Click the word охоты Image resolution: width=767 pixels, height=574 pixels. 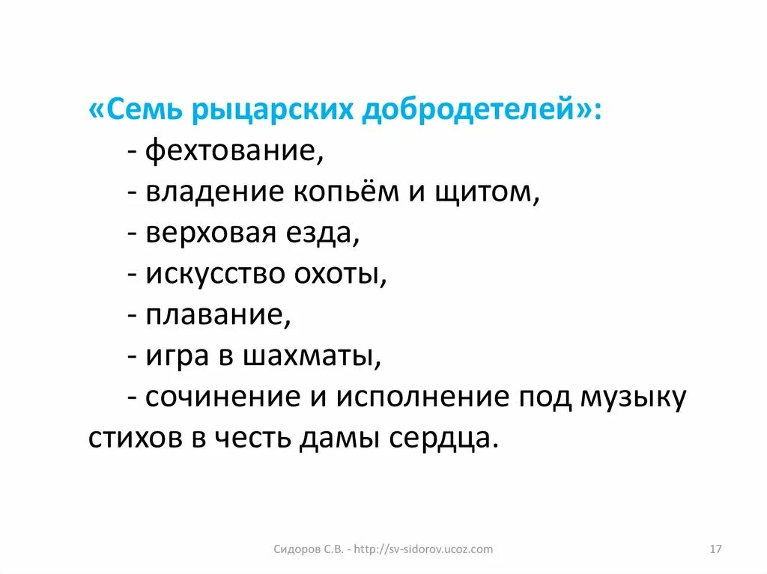tap(347, 275)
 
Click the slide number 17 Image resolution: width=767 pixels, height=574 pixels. tap(715, 549)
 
